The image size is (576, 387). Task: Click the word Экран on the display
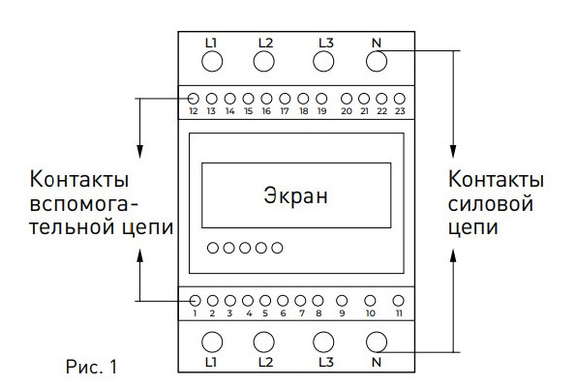click(x=296, y=194)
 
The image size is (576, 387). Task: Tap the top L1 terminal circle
click(x=213, y=62)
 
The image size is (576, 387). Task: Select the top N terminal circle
click(x=377, y=62)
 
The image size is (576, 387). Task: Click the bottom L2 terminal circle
click(x=263, y=341)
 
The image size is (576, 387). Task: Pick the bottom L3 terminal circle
click(x=324, y=341)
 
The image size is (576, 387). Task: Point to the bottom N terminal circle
click(x=377, y=341)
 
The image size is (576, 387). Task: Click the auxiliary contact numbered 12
click(x=194, y=99)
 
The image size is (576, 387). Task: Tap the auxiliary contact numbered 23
click(x=399, y=99)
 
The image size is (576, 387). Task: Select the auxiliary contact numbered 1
click(x=195, y=300)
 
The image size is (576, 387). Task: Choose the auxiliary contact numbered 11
click(x=398, y=300)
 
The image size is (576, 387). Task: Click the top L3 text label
click(x=326, y=42)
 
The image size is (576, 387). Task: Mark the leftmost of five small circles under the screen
click(x=213, y=249)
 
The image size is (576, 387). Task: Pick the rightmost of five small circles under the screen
click(x=277, y=249)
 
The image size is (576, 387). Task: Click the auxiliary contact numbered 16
click(x=266, y=99)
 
